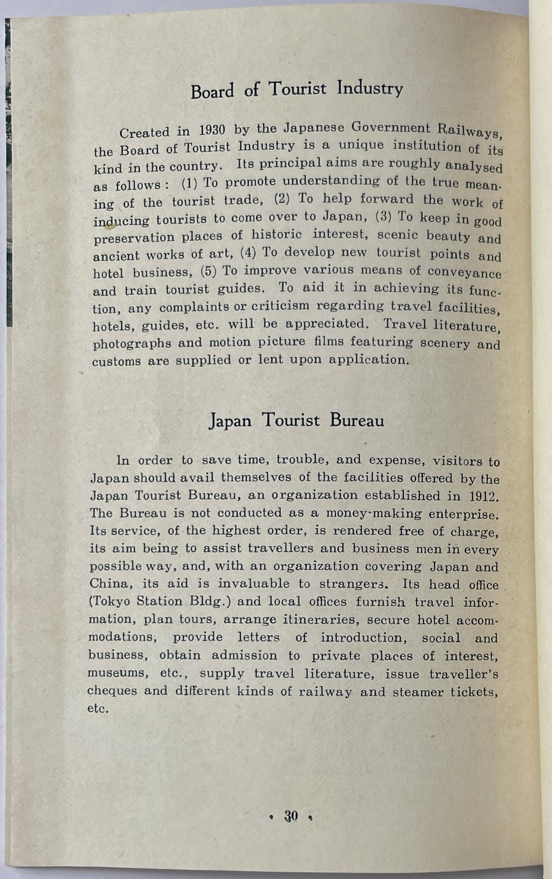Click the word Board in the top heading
213,91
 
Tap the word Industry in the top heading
370,88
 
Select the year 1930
212,130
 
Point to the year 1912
484,496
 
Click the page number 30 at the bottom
291,816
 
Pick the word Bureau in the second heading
357,421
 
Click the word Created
144,133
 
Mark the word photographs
132,343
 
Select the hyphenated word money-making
374,513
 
